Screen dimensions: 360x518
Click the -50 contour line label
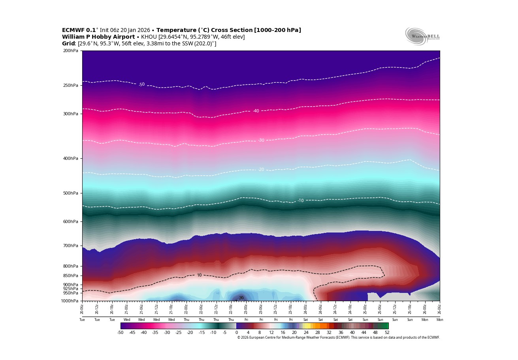(141, 84)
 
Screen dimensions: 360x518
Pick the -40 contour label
(256, 111)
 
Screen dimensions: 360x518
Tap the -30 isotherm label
(261, 140)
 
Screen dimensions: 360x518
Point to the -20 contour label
(261, 169)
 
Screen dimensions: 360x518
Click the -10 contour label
(301, 201)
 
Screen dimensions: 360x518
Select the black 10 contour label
(199, 275)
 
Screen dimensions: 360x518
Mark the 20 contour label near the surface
(241, 298)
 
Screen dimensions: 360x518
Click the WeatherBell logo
(422, 36)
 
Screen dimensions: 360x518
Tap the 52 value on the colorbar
(387, 332)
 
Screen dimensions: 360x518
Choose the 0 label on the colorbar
(237, 332)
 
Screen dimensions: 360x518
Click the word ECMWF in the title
(73, 30)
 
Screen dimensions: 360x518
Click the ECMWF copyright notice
(338, 337)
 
